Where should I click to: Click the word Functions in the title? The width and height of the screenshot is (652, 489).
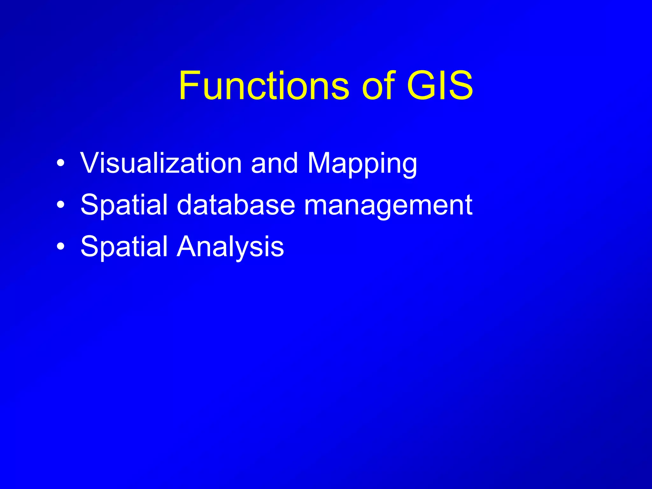coord(264,86)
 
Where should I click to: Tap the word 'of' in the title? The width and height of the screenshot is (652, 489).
coord(379,86)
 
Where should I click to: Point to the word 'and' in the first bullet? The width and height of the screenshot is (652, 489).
coord(274,164)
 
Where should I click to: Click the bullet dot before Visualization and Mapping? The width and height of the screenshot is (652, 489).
coord(60,164)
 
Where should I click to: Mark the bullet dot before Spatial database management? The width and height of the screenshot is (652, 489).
coord(60,205)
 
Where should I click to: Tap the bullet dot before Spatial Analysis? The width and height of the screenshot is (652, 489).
coord(60,247)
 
